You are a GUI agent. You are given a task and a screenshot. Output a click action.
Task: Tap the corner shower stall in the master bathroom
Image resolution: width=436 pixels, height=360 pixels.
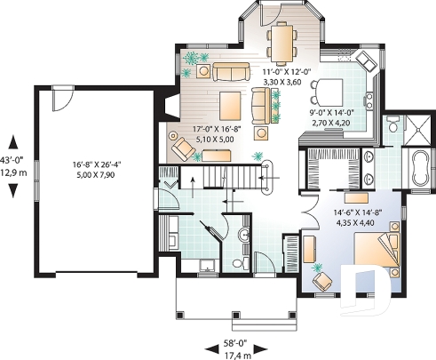[x=415, y=128]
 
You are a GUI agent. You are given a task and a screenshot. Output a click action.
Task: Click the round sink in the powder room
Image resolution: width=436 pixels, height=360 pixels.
[x=230, y=264]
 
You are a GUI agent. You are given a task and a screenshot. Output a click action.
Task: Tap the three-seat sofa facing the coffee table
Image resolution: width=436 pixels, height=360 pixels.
[x=224, y=73]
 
